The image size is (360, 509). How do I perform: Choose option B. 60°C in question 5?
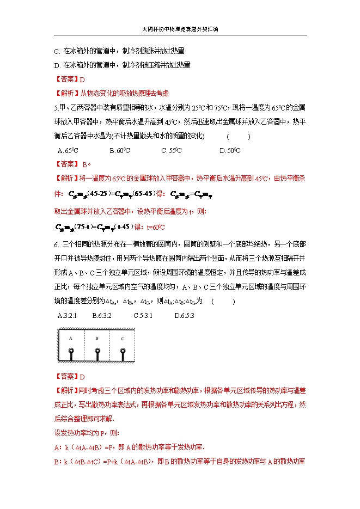coord(119,151)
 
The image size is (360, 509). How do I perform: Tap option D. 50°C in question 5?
coord(230,151)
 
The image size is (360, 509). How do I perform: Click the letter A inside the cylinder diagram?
coord(70,338)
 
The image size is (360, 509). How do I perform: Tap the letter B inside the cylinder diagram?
coord(96,338)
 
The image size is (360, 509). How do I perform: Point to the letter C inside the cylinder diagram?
coord(123,338)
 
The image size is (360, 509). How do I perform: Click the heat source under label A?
coord(71,355)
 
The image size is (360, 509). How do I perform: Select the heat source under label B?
coord(97,355)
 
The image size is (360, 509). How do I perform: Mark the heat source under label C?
coord(124,355)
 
